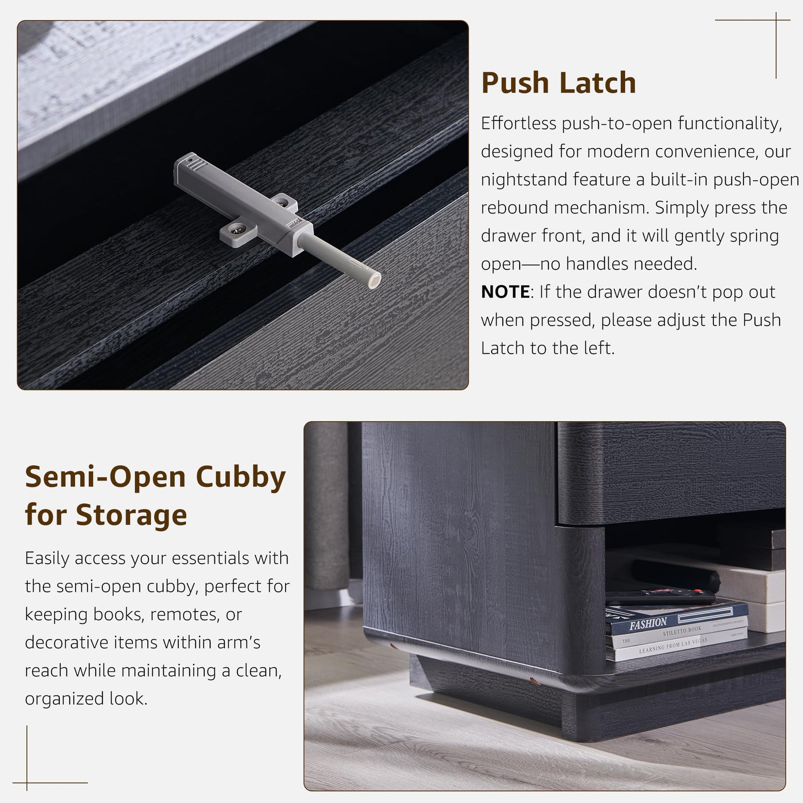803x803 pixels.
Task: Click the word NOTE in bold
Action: click(505, 292)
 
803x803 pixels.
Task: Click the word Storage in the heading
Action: click(131, 515)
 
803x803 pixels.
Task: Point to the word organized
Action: click(64, 699)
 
